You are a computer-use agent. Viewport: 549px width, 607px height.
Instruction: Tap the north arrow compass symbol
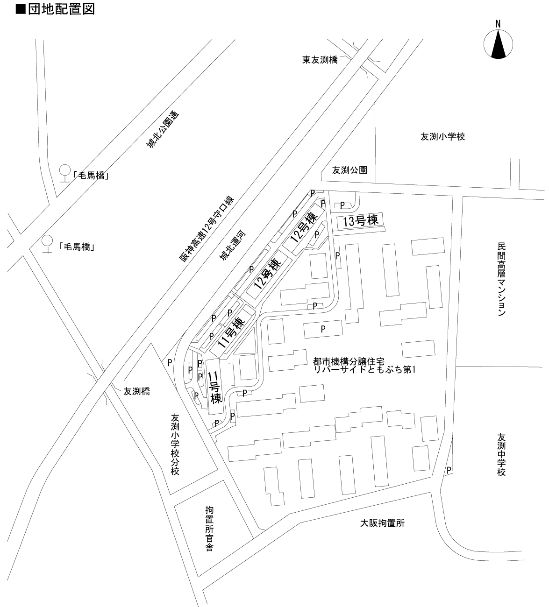pyautogui.click(x=498, y=44)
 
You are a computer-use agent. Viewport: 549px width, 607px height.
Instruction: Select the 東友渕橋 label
pyautogui.click(x=320, y=60)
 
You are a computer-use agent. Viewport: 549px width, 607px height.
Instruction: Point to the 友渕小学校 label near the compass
pyautogui.click(x=442, y=137)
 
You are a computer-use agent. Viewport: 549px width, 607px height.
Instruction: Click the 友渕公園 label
pyautogui.click(x=349, y=170)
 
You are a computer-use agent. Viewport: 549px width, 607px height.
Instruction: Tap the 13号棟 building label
pyautogui.click(x=360, y=221)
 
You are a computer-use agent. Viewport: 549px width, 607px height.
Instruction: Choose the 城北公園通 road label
pyautogui.click(x=163, y=129)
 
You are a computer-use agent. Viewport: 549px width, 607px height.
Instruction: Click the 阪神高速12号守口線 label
pyautogui.click(x=207, y=229)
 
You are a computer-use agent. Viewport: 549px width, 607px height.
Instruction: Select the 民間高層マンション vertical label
pyautogui.click(x=501, y=279)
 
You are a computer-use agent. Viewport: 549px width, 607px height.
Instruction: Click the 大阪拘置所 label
pyautogui.click(x=382, y=523)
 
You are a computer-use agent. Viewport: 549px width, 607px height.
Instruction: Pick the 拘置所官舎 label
pyautogui.click(x=209, y=529)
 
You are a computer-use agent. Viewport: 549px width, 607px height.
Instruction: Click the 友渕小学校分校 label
pyautogui.click(x=175, y=445)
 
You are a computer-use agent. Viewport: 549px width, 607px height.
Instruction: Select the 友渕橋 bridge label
pyautogui.click(x=136, y=392)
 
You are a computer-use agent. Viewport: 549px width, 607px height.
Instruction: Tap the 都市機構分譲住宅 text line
pyautogui.click(x=349, y=361)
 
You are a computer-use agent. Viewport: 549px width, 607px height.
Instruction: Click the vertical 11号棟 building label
pyautogui.click(x=215, y=388)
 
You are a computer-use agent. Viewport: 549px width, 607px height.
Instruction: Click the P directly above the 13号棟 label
pyautogui.click(x=342, y=205)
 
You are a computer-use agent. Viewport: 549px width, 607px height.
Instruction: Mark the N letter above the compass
pyautogui.click(x=498, y=24)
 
